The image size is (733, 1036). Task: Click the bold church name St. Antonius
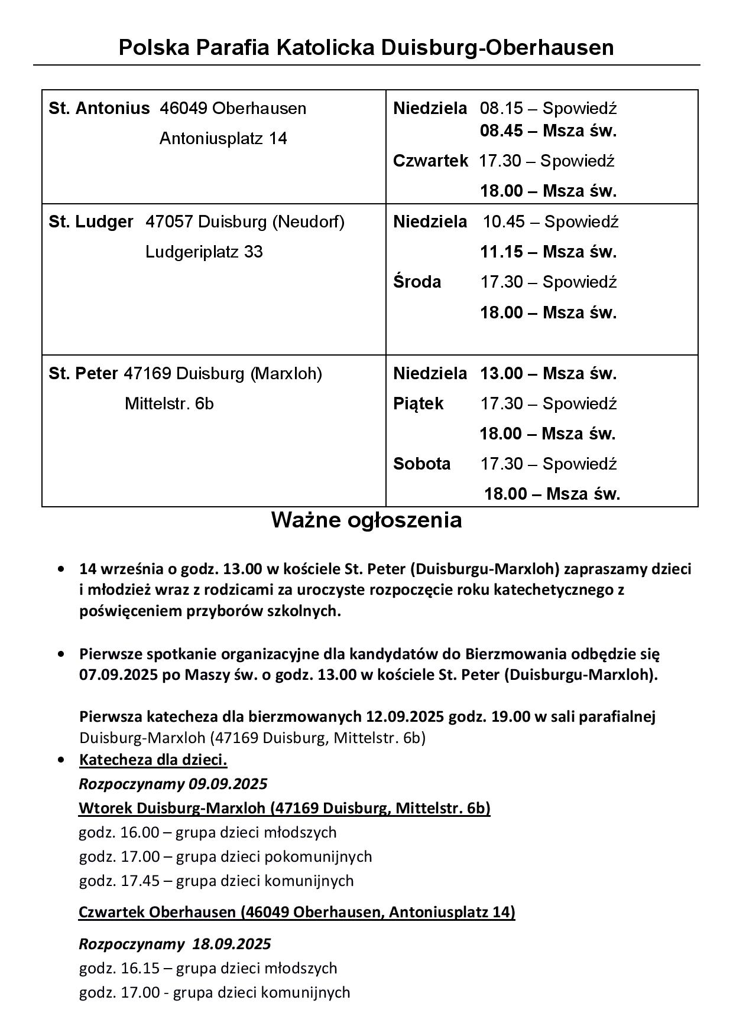pyautogui.click(x=99, y=109)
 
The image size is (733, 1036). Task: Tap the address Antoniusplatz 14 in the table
pyautogui.click(x=223, y=139)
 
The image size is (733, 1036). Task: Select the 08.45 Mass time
pyautogui.click(x=501, y=131)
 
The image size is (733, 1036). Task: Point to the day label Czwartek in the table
pyautogui.click(x=430, y=161)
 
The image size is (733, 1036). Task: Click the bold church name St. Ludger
pyautogui.click(x=91, y=222)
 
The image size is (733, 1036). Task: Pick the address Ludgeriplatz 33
pyautogui.click(x=204, y=252)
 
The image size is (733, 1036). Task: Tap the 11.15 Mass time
pyautogui.click(x=501, y=252)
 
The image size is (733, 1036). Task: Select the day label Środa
pyautogui.click(x=417, y=282)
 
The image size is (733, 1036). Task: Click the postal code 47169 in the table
pyautogui.click(x=147, y=374)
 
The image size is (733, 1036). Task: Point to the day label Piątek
pyautogui.click(x=418, y=404)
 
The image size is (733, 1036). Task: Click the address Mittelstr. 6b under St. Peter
pyautogui.click(x=169, y=404)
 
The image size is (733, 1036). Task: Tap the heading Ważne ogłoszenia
pyautogui.click(x=367, y=520)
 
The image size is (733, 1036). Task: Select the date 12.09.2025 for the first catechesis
pyautogui.click(x=405, y=716)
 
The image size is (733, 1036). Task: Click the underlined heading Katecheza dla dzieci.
pyautogui.click(x=153, y=760)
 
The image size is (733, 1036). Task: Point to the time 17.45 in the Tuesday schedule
pyautogui.click(x=140, y=881)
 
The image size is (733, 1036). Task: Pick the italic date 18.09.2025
pyautogui.click(x=232, y=944)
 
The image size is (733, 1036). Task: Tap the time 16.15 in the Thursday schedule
pyautogui.click(x=140, y=968)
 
